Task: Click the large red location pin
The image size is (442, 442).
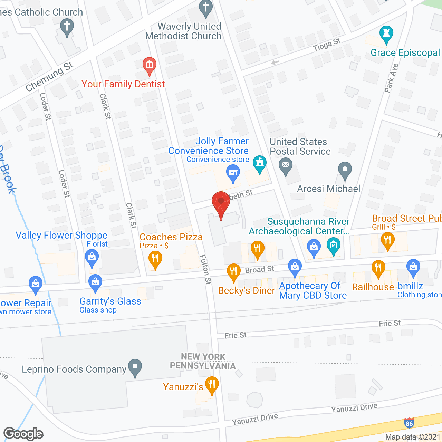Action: (221, 204)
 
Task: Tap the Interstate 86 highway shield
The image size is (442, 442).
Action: (409, 423)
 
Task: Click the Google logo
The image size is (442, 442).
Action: (23, 434)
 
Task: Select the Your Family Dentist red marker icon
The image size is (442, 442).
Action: (150, 66)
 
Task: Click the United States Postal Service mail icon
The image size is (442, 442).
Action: (286, 166)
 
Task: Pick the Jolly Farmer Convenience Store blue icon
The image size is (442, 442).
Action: (233, 173)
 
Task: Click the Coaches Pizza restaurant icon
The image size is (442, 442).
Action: (155, 259)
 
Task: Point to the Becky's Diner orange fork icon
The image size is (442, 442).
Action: (234, 272)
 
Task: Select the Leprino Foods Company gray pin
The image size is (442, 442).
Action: (135, 367)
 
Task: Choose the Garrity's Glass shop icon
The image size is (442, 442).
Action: (95, 282)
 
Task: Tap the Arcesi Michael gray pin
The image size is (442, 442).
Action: (345, 170)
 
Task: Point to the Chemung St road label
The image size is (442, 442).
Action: (49, 76)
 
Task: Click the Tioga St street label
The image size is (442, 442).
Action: (327, 45)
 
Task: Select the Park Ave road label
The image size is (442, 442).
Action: (392, 78)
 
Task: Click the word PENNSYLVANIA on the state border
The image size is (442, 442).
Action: (203, 366)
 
